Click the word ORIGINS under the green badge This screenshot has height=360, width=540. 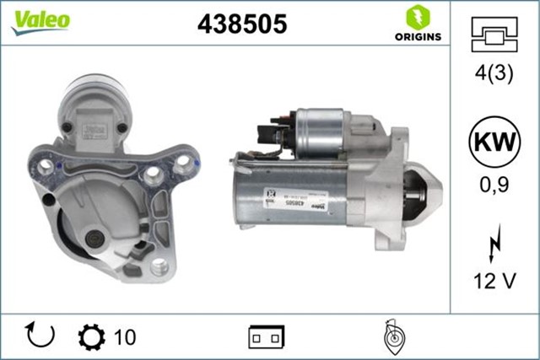[x=415, y=36]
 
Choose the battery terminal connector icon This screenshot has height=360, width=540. [x=267, y=337]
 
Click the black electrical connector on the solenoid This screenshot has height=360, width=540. [x=269, y=132]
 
